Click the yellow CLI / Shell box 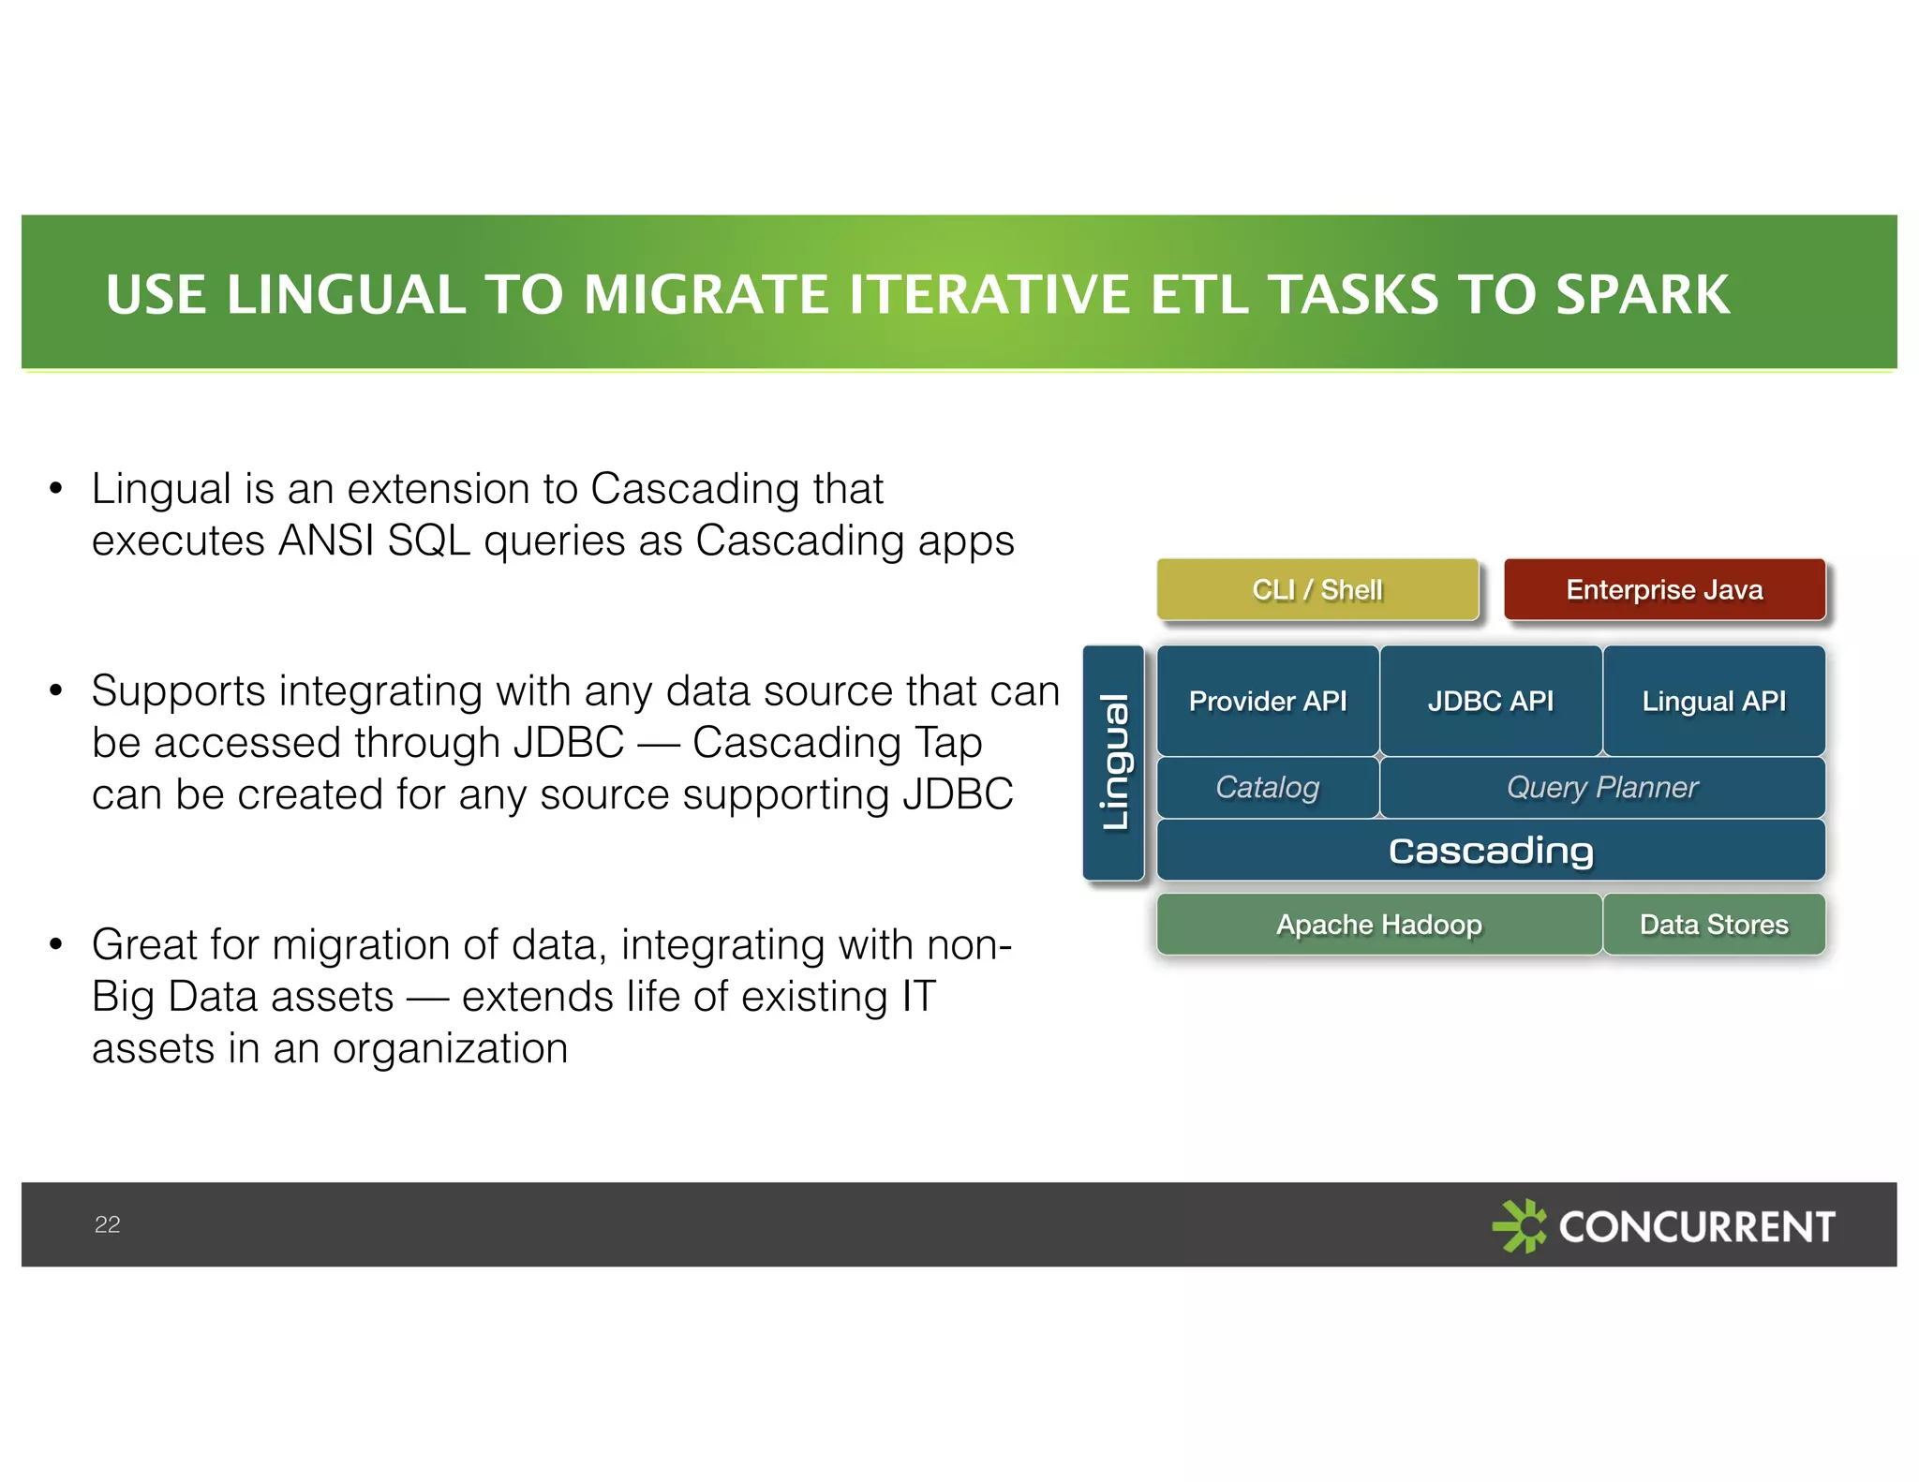pos(1317,589)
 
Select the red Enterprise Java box pos(1664,589)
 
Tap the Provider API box pos(1267,701)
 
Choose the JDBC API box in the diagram pos(1490,701)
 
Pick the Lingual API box pos(1714,701)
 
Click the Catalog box pos(1267,787)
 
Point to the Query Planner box pos(1601,787)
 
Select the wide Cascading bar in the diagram pos(1490,851)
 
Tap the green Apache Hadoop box pos(1378,925)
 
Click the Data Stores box pos(1714,925)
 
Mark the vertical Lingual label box pos(1113,763)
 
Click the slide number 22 pos(107,1224)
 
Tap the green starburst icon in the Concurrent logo pos(1519,1225)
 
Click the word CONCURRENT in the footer pos(1696,1226)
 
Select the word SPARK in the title pos(1642,295)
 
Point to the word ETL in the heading pos(1198,295)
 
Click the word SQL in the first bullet pos(428,541)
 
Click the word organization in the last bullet pos(450,1048)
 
